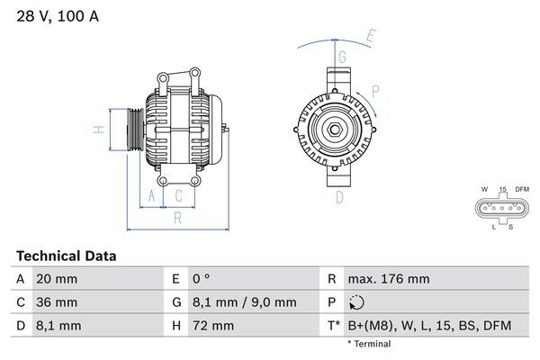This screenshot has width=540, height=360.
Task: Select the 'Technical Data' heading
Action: (66, 256)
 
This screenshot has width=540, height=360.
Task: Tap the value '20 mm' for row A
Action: (56, 279)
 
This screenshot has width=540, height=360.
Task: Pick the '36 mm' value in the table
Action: (56, 302)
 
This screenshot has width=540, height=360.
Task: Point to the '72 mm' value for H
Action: (213, 326)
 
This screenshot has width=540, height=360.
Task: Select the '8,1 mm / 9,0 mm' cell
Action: (245, 302)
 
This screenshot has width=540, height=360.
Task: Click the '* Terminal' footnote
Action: (369, 344)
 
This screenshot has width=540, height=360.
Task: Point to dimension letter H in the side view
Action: (101, 129)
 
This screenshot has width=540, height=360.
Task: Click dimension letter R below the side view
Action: (177, 217)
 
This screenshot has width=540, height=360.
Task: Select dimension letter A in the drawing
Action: (152, 195)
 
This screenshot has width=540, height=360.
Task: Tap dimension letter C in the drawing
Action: (179, 195)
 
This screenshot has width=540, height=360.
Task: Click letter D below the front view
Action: (339, 197)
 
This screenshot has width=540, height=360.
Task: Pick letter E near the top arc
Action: (370, 37)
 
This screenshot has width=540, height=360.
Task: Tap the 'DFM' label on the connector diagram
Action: (521, 189)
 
